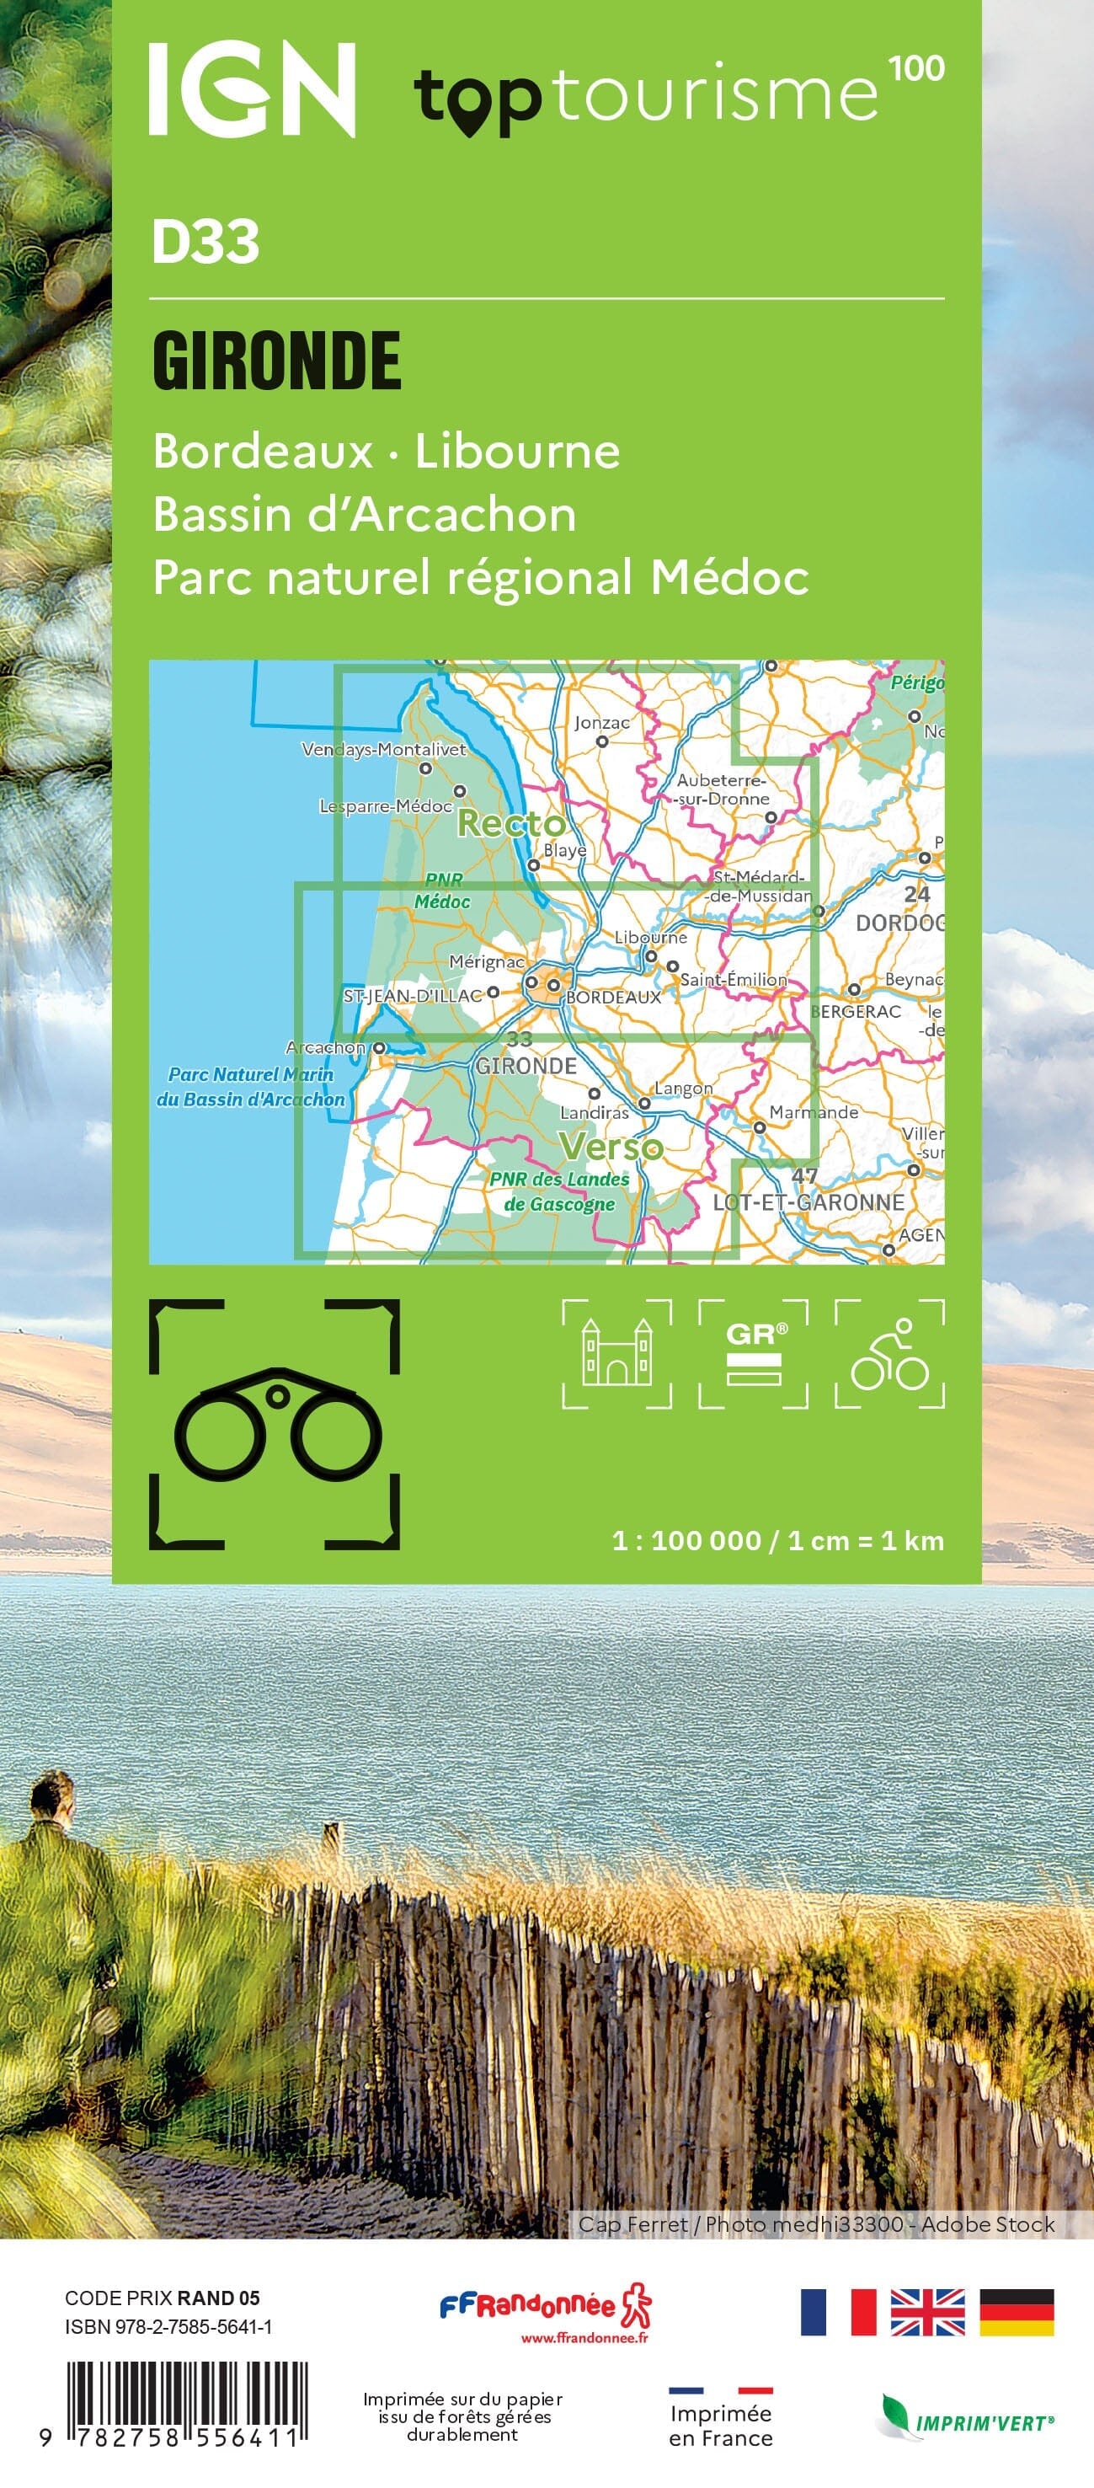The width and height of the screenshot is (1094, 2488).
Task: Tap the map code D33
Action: click(205, 242)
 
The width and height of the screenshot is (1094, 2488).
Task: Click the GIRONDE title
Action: click(276, 361)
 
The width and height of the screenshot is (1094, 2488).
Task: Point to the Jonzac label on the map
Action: click(601, 722)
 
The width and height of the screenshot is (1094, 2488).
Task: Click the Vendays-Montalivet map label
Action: click(383, 750)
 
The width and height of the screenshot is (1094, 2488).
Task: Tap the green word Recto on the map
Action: click(511, 824)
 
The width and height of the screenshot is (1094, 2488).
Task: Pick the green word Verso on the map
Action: click(611, 1148)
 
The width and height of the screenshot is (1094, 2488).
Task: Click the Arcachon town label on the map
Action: click(325, 1047)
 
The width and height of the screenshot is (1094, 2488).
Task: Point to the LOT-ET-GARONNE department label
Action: click(808, 1202)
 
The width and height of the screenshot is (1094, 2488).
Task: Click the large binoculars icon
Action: click(275, 1425)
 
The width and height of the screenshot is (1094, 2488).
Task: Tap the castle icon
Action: click(617, 1353)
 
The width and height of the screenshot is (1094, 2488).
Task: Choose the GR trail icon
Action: click(754, 1353)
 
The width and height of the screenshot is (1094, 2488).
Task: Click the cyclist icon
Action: click(889, 1353)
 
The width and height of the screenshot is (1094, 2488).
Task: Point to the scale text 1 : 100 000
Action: click(686, 1539)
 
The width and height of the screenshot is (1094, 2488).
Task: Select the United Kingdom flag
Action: click(927, 2312)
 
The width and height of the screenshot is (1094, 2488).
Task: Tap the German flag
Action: click(1017, 2312)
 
